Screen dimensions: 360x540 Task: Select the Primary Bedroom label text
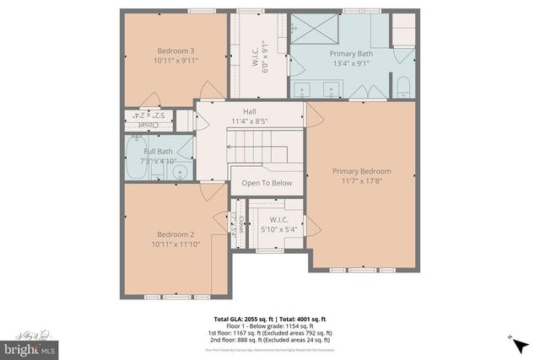(361, 171)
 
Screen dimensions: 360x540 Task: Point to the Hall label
(250, 111)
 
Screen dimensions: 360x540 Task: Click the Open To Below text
(267, 183)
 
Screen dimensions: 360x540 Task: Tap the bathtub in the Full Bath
(136, 159)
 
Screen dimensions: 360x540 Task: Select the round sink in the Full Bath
(179, 173)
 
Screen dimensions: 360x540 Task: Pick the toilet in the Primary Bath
(402, 87)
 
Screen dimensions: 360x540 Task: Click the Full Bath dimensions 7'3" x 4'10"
(159, 159)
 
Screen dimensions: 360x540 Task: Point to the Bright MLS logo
(29, 347)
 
